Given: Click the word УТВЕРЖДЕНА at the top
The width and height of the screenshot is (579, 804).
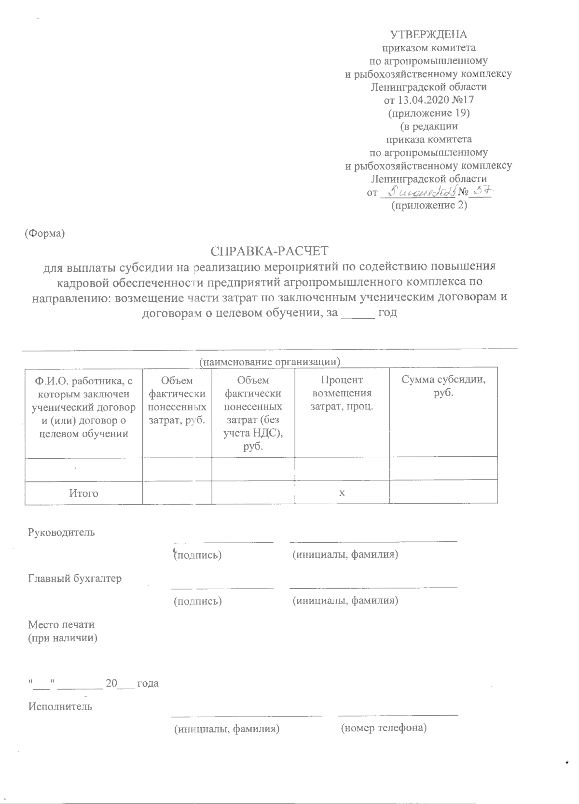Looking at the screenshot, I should (x=428, y=35).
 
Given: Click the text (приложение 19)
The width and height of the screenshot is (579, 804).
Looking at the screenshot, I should (x=429, y=113).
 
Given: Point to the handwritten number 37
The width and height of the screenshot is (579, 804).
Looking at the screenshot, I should (x=481, y=192).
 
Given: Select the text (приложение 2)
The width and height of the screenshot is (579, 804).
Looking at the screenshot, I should (x=429, y=205).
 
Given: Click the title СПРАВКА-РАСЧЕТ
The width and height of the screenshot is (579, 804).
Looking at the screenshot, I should (x=269, y=251).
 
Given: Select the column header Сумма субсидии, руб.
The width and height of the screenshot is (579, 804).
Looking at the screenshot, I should (x=443, y=386).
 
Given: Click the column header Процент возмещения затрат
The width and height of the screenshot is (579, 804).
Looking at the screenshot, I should (x=342, y=393).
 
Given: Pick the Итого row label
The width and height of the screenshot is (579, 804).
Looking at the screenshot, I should (x=83, y=493).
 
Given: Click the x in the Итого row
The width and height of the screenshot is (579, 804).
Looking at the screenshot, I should (x=342, y=493).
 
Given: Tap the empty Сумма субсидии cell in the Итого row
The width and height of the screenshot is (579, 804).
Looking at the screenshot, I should (x=443, y=493).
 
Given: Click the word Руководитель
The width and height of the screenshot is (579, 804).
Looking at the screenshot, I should (x=62, y=533).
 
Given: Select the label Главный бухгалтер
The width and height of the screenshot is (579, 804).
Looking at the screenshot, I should (x=75, y=578).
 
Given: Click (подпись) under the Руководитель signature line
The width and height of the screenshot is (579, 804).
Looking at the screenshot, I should (x=198, y=555).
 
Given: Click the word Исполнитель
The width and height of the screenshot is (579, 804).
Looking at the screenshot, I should (x=60, y=706).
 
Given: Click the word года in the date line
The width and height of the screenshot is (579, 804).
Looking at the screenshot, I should (x=148, y=683).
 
